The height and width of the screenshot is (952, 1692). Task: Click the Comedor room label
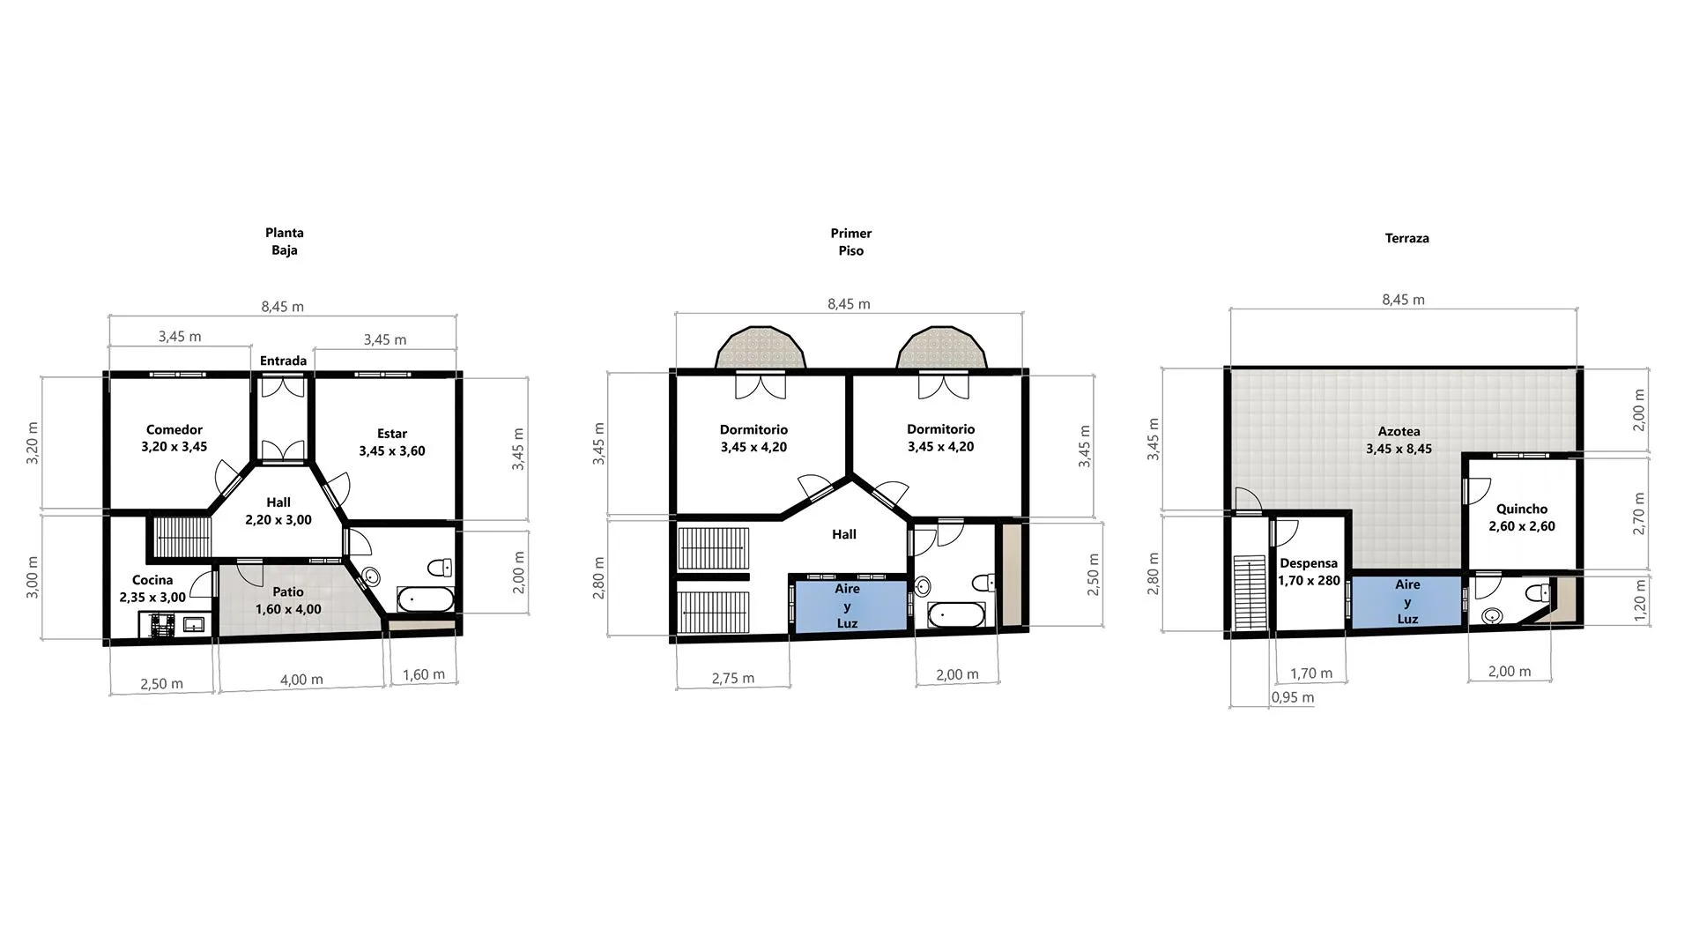tap(174, 430)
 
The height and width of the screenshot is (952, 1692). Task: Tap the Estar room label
tap(392, 434)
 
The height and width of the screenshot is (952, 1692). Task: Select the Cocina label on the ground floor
tap(152, 580)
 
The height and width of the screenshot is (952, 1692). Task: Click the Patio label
tap(288, 592)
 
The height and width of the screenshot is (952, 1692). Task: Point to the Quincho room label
tap(1522, 509)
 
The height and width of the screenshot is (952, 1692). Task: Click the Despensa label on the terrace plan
tap(1309, 563)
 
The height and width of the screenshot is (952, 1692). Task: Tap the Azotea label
tap(1399, 432)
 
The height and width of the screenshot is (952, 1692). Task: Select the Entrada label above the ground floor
tap(284, 361)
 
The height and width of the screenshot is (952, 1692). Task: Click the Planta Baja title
tap(285, 242)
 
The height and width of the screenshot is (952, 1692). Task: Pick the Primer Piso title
tap(851, 242)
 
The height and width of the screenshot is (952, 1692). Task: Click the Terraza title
tap(1407, 238)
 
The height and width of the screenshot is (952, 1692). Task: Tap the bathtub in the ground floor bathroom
tap(426, 599)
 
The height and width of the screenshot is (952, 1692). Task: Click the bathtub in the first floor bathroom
tap(957, 614)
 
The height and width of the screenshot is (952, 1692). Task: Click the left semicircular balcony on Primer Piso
tap(761, 347)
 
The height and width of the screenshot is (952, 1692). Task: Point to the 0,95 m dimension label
tap(1293, 698)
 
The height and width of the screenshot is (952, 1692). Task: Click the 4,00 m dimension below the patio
tap(301, 681)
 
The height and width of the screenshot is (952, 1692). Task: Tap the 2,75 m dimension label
tap(733, 679)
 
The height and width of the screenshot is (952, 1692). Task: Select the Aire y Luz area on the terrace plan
tap(1407, 601)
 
